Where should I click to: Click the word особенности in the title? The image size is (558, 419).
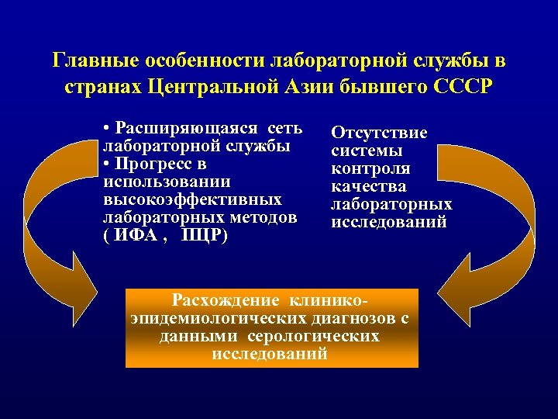tap(205, 61)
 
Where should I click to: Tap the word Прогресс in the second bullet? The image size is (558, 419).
tap(159, 164)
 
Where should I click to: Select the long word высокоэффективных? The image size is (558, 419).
tap(191, 200)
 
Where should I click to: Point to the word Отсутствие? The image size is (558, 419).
tap(379, 133)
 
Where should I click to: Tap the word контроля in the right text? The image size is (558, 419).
tap(370, 169)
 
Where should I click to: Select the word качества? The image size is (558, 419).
tap(368, 187)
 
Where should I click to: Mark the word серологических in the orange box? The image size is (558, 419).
tap(313, 337)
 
